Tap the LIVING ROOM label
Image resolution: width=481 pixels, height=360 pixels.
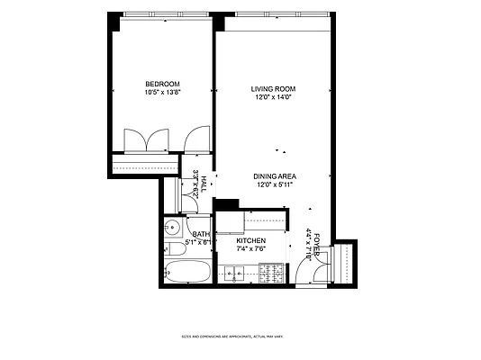point(273,88)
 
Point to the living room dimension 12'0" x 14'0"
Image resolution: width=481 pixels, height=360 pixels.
point(273,97)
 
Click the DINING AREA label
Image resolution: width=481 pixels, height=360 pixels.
point(275,176)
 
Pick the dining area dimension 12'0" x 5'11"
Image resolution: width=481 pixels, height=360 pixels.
point(275,185)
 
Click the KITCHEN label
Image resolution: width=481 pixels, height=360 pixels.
point(250,242)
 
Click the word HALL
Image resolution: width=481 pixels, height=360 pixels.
point(204,182)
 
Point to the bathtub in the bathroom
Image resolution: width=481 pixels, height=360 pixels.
point(188,272)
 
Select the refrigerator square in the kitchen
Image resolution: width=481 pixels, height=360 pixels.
point(228,220)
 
